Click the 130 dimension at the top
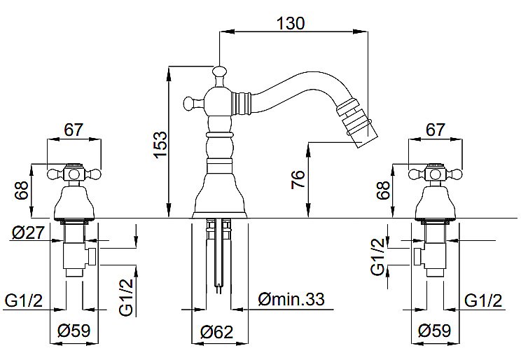pyautogui.click(x=291, y=23)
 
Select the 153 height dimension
pyautogui.click(x=160, y=145)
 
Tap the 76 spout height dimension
pyautogui.click(x=298, y=179)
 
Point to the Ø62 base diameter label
pyautogui.click(x=217, y=332)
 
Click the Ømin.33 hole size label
pyautogui.click(x=291, y=299)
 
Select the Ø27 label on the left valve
pyautogui.click(x=28, y=233)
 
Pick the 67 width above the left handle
pyautogui.click(x=74, y=130)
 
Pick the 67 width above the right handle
pyautogui.click(x=435, y=130)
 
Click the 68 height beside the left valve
pyautogui.click(x=22, y=190)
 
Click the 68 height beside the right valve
pyautogui.click(x=383, y=190)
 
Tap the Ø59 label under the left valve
pyautogui.click(x=74, y=331)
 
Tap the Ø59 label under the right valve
pyautogui.click(x=435, y=331)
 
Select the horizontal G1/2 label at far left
pyautogui.click(x=24, y=301)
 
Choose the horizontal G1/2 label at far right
pyautogui.click(x=483, y=301)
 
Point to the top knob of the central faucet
pyautogui.click(x=219, y=71)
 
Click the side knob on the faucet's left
pyautogui.click(x=189, y=103)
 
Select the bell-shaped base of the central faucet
pyautogui.click(x=220, y=191)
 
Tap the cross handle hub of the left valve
pyautogui.click(x=74, y=174)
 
